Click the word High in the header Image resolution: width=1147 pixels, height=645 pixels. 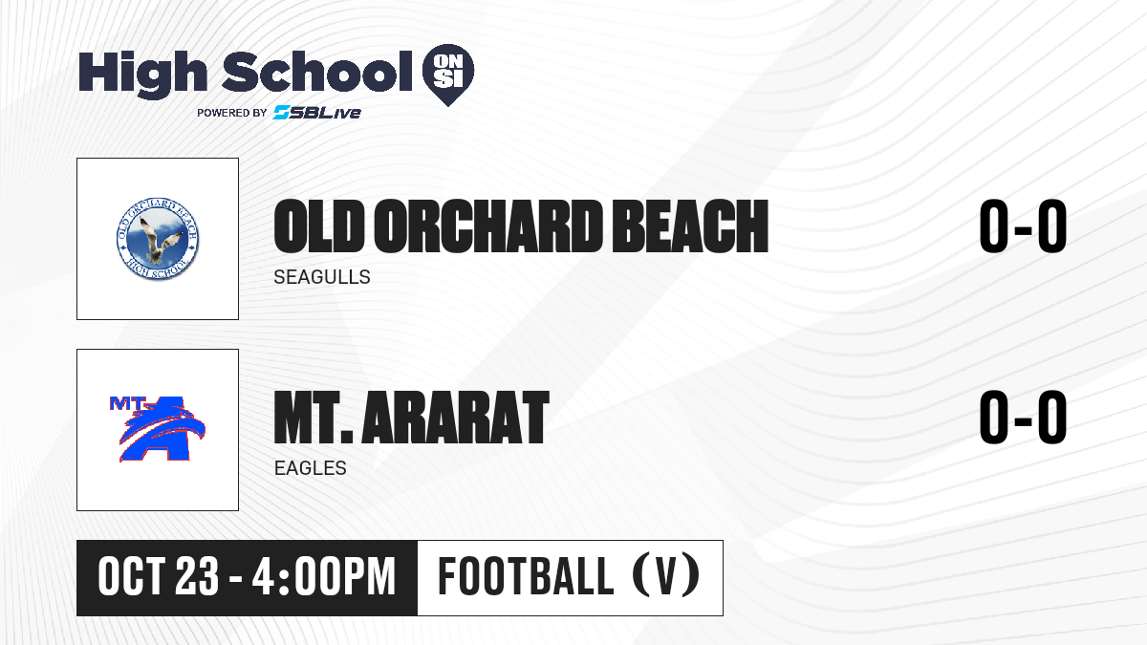[143, 74]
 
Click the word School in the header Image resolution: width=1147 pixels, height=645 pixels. [317, 72]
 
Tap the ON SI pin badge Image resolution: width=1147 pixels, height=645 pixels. [448, 75]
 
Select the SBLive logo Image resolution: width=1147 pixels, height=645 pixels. [317, 112]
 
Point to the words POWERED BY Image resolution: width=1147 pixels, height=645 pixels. [232, 113]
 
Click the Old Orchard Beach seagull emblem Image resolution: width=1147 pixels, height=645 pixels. [158, 239]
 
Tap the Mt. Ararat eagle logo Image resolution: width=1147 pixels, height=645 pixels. [158, 429]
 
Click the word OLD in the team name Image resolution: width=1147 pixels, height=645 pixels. [319, 226]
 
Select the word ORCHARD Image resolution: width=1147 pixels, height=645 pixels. [488, 226]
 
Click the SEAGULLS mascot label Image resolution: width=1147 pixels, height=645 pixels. [322, 277]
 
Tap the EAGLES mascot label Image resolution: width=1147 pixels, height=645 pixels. [311, 468]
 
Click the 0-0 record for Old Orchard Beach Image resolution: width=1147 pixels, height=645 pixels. [1023, 226]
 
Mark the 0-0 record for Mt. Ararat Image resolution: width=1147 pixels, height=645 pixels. [1023, 417]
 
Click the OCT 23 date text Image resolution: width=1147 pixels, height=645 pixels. [159, 576]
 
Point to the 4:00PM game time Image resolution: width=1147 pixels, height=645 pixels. [324, 576]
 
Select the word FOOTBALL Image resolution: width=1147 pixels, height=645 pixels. [526, 576]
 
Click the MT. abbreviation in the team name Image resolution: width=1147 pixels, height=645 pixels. [314, 417]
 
